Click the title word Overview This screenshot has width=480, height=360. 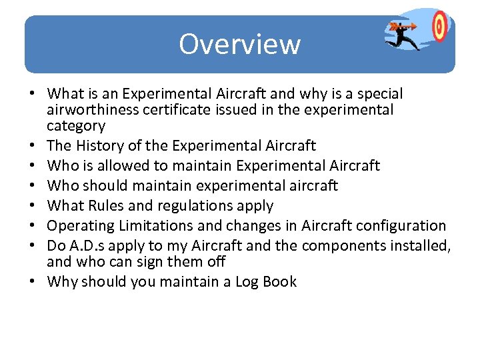coord(239,45)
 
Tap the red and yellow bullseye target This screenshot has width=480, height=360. coord(439,27)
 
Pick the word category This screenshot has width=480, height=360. coord(76,126)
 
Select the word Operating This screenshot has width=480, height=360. coord(78,225)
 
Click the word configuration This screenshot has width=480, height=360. coord(399,225)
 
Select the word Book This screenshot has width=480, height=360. coord(280,281)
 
